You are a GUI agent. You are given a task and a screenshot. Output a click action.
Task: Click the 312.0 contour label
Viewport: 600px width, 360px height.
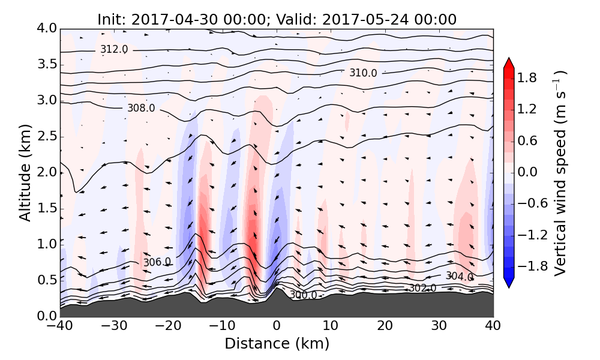[114, 50]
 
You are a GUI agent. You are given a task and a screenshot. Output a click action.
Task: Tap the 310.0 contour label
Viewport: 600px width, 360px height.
[363, 73]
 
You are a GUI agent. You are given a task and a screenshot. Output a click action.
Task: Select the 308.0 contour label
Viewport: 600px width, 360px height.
[141, 108]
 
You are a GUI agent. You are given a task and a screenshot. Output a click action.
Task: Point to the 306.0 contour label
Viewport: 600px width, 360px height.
[157, 262]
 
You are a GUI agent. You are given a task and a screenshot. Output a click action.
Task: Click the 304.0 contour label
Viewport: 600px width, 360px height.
[459, 277]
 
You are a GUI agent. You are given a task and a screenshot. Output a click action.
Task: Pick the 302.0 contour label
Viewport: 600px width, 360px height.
[422, 289]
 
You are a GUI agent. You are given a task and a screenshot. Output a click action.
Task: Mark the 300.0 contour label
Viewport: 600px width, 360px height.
[303, 295]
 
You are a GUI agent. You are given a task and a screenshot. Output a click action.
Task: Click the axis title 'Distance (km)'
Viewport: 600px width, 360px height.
[277, 344]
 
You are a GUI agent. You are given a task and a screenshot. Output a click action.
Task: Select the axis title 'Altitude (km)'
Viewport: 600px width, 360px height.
[25, 172]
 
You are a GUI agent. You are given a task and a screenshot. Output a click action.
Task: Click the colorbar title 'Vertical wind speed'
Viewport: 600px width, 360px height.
[560, 172]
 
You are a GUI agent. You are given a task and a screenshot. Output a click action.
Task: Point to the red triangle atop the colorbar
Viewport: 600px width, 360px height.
[508, 62]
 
